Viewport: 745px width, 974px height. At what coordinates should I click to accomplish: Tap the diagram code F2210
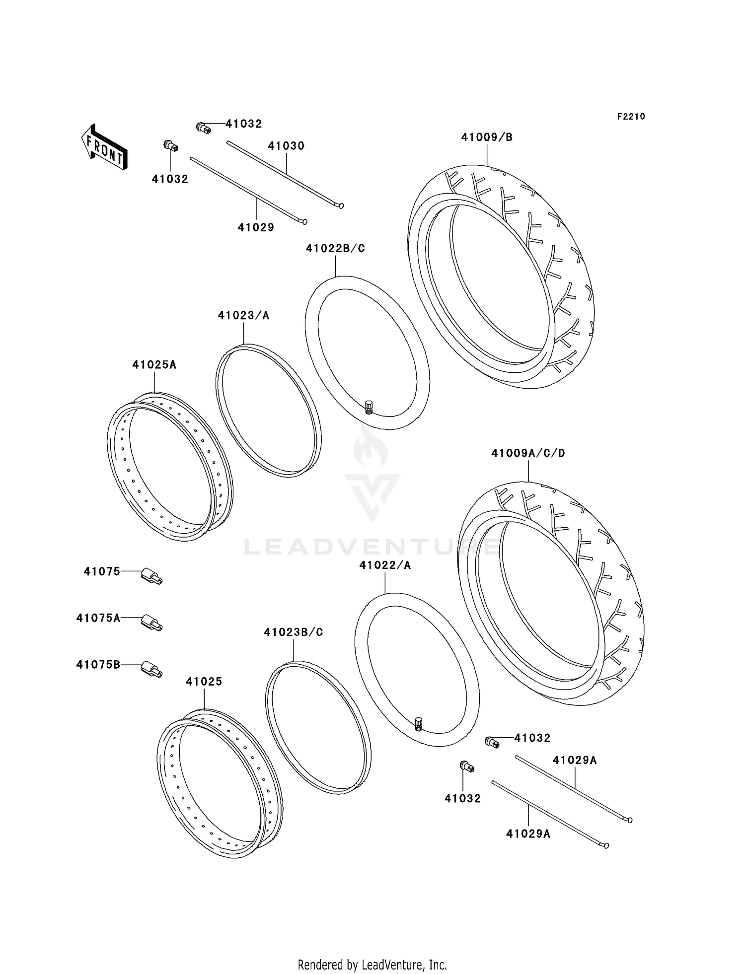(x=631, y=117)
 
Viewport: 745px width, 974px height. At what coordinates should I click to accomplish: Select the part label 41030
(x=286, y=146)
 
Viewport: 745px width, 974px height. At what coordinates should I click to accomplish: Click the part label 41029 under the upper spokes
(x=256, y=227)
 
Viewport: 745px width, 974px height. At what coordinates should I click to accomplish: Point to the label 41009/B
(x=487, y=137)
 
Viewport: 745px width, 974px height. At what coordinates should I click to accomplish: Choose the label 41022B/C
(x=335, y=248)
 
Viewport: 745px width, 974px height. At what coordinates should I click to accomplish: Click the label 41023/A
(x=243, y=315)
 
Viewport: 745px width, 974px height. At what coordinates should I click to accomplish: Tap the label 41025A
(x=154, y=364)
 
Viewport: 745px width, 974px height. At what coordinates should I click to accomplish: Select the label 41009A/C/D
(x=528, y=453)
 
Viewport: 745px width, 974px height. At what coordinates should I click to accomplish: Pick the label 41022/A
(x=385, y=565)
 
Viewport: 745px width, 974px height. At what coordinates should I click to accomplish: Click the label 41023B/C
(x=293, y=632)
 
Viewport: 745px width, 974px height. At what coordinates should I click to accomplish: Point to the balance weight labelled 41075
(x=152, y=576)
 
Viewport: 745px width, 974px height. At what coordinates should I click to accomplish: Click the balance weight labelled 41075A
(x=152, y=623)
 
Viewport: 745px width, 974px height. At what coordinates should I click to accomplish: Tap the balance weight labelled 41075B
(x=152, y=669)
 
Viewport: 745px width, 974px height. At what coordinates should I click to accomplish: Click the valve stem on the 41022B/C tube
(x=369, y=407)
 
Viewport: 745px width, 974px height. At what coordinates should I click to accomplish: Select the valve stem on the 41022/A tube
(x=418, y=724)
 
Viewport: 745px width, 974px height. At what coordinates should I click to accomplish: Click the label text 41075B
(x=98, y=664)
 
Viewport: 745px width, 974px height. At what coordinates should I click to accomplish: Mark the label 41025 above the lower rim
(x=204, y=682)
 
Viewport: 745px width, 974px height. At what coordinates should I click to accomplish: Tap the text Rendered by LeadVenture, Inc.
(x=372, y=965)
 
